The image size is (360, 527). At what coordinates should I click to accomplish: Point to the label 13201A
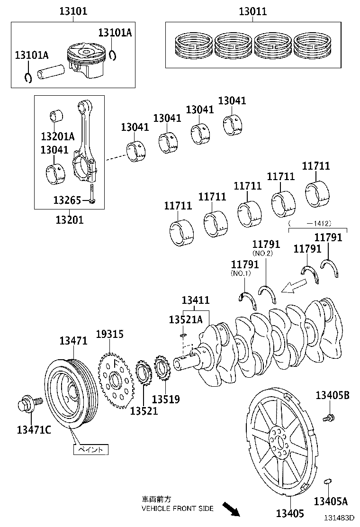click(57, 136)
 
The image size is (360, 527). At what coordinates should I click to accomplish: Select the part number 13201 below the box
click(70, 219)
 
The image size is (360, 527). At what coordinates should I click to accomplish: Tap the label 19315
click(109, 335)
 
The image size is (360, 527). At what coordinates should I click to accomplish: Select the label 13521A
click(186, 320)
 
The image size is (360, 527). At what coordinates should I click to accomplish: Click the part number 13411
click(196, 300)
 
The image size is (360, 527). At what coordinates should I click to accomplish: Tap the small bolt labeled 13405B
click(328, 418)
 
